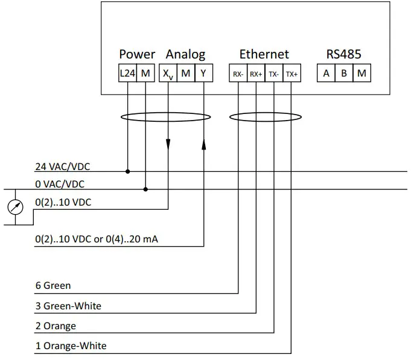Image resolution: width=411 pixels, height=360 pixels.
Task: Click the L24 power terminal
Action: tap(127, 74)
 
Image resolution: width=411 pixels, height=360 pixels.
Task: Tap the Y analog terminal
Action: tap(204, 74)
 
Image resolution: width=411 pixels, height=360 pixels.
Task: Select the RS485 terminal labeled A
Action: tap(327, 74)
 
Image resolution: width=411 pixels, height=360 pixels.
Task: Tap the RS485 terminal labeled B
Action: tap(344, 74)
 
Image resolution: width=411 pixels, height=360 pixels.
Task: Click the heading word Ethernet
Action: tap(264, 54)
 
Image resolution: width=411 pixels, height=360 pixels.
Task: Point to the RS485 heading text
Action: tap(343, 54)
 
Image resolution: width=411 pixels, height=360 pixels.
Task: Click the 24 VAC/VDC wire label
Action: tap(63, 166)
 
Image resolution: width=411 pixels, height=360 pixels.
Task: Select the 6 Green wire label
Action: tap(53, 286)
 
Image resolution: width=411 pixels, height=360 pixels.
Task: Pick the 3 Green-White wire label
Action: tap(68, 306)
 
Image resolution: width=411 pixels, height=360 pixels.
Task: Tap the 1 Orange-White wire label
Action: tap(71, 346)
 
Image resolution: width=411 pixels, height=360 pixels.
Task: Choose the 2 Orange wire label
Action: tap(56, 326)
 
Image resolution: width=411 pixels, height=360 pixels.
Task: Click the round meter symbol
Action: tap(14, 207)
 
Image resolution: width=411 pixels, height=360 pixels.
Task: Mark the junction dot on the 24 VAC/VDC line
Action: tap(128, 171)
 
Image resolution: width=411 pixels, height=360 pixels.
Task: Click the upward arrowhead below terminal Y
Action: tap(203, 145)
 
